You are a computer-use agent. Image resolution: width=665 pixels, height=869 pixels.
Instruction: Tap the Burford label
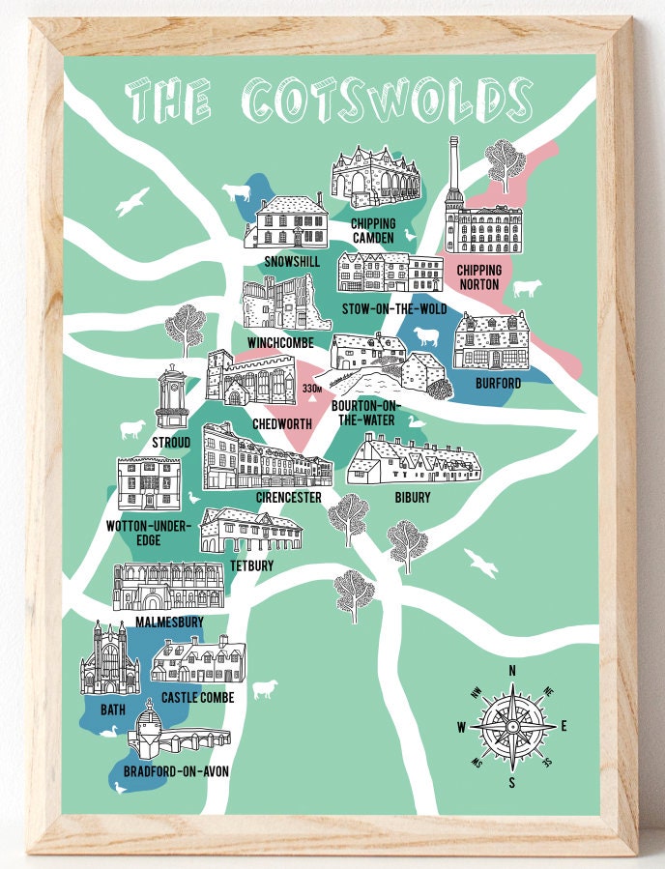(498, 384)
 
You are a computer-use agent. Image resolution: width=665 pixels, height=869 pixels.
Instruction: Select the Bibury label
(413, 498)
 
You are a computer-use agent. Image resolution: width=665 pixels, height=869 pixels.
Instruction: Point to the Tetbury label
(252, 565)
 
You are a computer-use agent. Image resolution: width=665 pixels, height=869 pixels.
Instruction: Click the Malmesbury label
(169, 621)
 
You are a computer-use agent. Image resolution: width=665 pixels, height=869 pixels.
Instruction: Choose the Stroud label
(171, 442)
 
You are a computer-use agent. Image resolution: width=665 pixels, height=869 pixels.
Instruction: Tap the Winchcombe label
(280, 341)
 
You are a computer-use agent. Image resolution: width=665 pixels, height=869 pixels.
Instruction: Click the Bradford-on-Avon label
(176, 771)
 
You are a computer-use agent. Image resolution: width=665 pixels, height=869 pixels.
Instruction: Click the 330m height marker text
(311, 389)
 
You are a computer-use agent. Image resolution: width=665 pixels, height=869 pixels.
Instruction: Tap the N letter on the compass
(511, 670)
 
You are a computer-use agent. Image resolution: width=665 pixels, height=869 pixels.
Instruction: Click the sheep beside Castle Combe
(264, 689)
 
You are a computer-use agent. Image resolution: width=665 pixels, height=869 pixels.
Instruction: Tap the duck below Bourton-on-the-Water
(415, 421)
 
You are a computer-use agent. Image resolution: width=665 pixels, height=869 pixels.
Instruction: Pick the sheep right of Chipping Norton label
(527, 288)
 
